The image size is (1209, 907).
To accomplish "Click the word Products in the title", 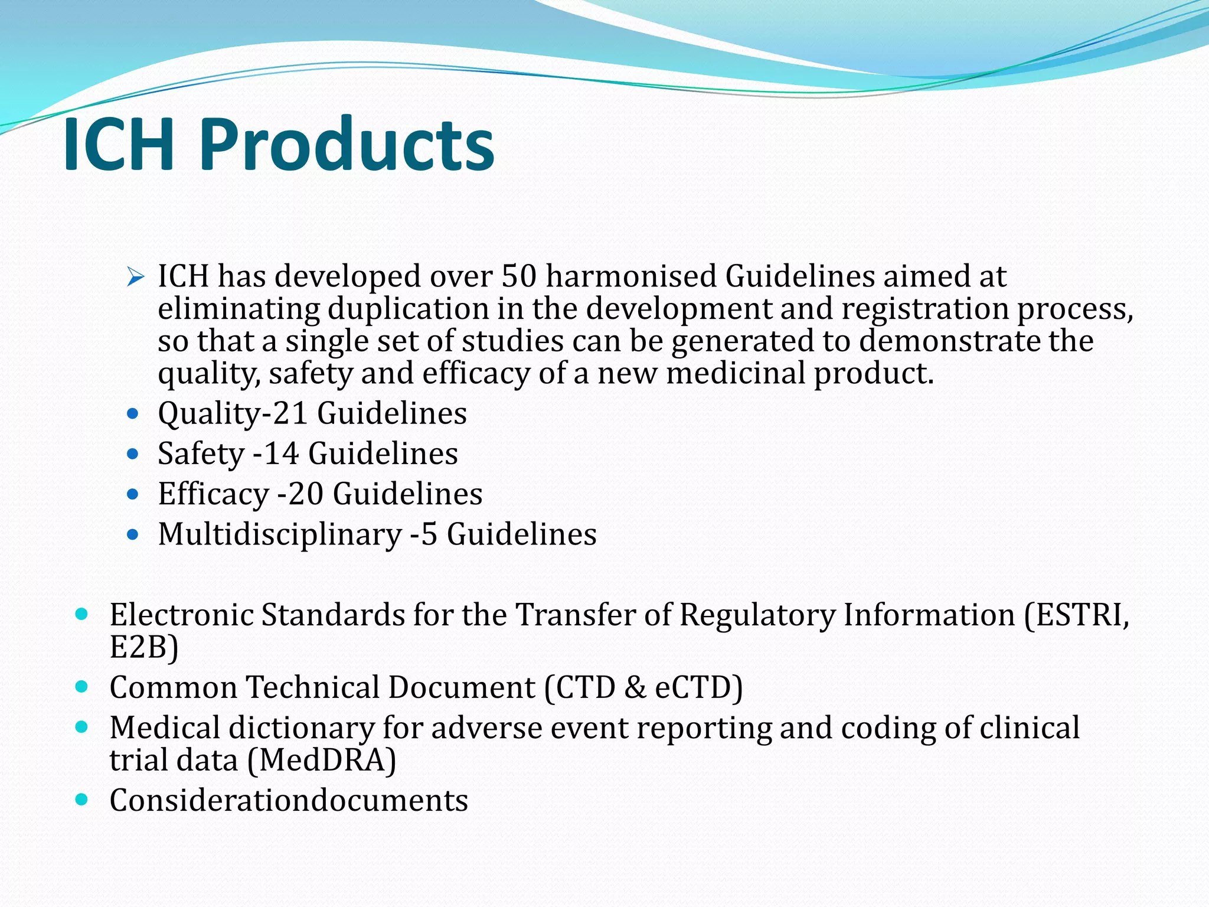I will pos(347,145).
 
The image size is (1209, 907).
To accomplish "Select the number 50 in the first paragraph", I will pos(518,276).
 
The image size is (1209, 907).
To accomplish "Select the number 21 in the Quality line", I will pos(290,413).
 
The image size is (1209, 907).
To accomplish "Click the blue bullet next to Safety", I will pos(133,454).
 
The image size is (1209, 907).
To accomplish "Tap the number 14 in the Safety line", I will pos(281,453).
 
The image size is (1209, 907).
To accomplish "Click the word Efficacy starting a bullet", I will pos(213,494).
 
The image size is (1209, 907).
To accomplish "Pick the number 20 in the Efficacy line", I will pos(305,494).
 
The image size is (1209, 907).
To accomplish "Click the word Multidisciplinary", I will pos(280,534).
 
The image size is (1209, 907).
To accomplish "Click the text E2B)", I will pos(143,647).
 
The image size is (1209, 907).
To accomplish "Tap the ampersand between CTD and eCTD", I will pos(635,687).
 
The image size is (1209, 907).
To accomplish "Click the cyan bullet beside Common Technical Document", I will pos(82,687).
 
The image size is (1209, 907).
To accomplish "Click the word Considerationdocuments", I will pos(289,801).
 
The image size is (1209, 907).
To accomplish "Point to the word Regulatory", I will pos(757,615).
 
